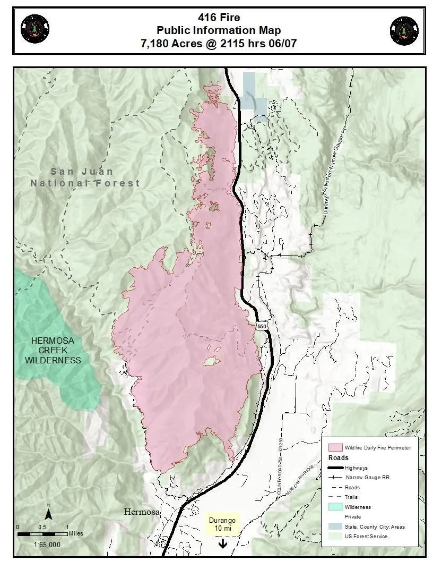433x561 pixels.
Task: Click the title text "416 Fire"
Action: tap(219, 18)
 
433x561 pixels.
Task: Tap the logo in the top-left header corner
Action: tap(35, 30)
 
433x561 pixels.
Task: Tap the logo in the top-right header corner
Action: tap(404, 31)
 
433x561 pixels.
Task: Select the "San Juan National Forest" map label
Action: tap(85, 177)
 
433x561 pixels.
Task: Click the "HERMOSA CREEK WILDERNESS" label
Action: tap(56, 350)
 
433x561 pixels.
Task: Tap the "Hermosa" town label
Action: tap(142, 512)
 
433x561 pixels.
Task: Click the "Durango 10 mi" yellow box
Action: tap(222, 525)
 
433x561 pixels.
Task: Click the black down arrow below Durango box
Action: tap(222, 543)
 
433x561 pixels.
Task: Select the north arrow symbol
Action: tap(48, 513)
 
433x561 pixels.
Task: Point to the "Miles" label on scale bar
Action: tap(75, 533)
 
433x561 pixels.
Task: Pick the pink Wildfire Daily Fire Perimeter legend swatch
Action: tap(335, 447)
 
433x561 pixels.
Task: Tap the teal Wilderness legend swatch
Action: tap(335, 507)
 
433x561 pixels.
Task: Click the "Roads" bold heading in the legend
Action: tap(339, 457)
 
